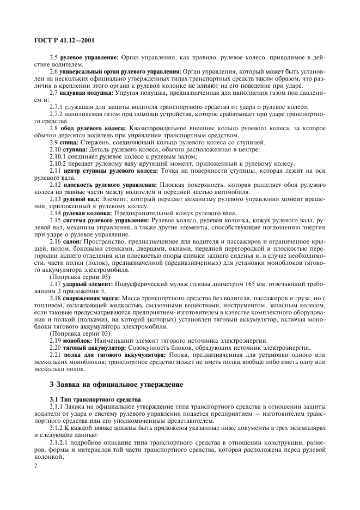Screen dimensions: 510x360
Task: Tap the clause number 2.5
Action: pyautogui.click(x=53, y=56)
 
